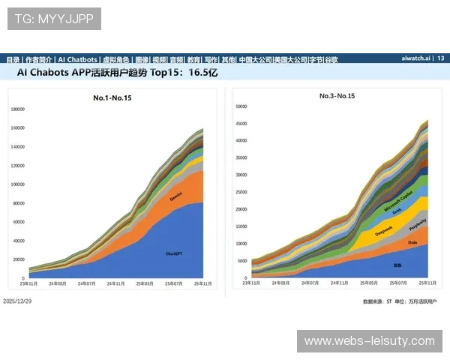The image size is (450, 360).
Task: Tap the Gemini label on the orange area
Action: click(176, 196)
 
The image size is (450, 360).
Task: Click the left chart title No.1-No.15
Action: click(112, 97)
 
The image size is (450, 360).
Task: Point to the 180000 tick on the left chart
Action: click(18, 109)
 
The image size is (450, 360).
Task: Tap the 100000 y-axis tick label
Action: click(18, 184)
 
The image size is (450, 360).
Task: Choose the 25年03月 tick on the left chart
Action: click(145, 283)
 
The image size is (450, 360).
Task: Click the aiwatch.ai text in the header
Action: click(415, 58)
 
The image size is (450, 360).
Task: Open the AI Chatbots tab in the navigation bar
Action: click(78, 59)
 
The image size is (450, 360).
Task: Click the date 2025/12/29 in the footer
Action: click(17, 301)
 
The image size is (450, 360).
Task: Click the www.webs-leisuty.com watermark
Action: click(369, 341)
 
